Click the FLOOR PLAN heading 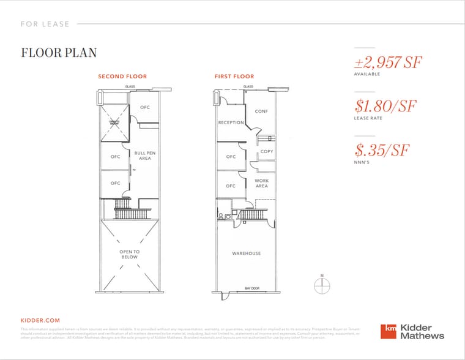(59, 53)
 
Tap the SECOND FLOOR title (122, 77)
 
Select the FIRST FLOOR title (234, 77)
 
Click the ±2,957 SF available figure (388, 62)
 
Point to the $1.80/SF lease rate (385, 106)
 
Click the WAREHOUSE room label (246, 253)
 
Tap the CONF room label (261, 111)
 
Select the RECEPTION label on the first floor (231, 122)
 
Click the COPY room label (267, 151)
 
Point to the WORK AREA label (261, 183)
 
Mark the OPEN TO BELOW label (129, 254)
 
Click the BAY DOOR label (251, 288)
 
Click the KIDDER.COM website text (40, 320)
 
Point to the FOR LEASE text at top (45, 24)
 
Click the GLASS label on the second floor (130, 86)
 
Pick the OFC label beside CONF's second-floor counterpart (144, 108)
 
